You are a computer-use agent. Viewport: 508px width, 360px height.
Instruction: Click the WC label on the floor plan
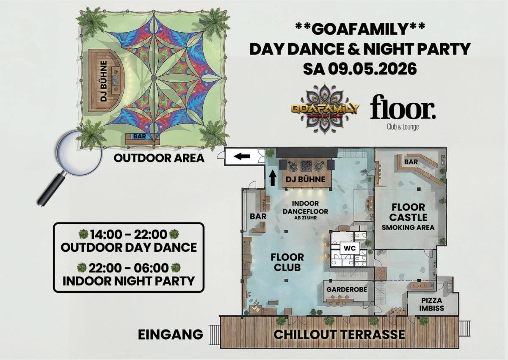350,248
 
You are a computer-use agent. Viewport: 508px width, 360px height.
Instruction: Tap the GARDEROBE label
347,289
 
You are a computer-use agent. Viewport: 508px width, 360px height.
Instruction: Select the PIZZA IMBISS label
431,304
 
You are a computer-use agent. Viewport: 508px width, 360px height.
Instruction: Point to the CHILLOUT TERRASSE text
339,334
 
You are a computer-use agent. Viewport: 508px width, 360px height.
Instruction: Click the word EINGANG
171,335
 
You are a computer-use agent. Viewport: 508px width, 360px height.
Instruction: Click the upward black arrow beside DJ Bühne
273,178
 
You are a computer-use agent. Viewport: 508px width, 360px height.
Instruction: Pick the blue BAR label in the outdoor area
140,136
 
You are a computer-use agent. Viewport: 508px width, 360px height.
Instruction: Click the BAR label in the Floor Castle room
411,162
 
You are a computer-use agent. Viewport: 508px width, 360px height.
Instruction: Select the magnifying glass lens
78,152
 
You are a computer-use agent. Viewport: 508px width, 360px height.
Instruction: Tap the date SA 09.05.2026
360,69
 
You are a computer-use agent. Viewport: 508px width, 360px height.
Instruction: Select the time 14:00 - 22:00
129,234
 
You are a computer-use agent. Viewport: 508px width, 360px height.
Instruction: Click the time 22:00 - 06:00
129,268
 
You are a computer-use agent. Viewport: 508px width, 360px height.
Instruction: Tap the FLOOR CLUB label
287,262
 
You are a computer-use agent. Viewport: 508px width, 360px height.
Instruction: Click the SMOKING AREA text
408,228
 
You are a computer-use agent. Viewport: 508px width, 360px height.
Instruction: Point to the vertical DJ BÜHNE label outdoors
104,81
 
